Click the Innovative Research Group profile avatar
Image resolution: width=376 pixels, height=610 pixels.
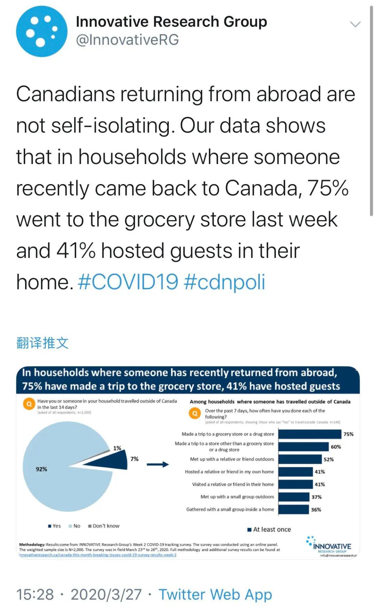(41, 31)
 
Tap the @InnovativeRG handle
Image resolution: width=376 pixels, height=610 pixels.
(127, 40)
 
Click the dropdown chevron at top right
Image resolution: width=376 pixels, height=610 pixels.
(355, 24)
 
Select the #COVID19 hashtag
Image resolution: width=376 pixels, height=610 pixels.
(128, 282)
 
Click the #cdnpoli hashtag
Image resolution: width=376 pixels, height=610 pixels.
(224, 282)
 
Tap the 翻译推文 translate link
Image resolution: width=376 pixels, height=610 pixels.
(42, 343)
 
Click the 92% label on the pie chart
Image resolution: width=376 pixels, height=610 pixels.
(41, 469)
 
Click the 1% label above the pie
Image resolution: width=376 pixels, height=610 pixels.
(117, 448)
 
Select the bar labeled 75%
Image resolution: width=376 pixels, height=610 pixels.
(310, 434)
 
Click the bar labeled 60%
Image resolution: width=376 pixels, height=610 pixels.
(304, 447)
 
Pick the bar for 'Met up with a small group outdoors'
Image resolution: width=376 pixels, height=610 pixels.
(294, 497)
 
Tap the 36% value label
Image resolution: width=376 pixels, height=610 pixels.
(316, 509)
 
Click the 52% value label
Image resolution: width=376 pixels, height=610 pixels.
(329, 459)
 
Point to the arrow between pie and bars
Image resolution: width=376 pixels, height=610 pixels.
(157, 464)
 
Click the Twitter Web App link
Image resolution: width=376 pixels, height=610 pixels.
(215, 594)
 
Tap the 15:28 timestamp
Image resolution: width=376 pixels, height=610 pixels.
(35, 594)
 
